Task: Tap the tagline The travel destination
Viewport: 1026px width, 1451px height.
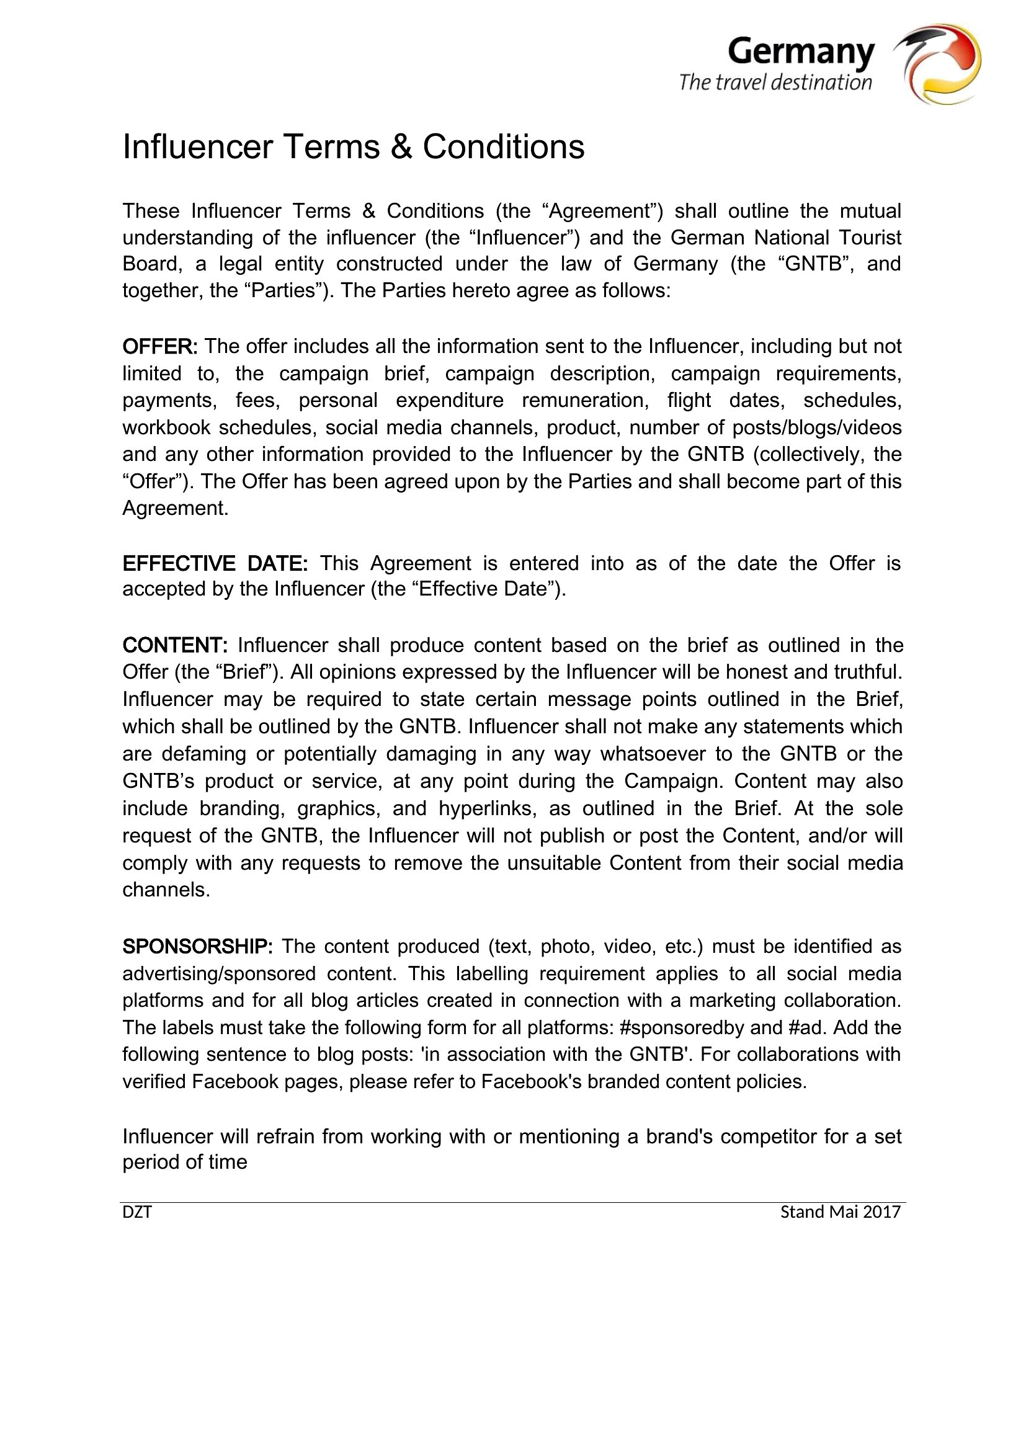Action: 775,83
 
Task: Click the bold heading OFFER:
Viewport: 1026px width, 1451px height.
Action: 160,346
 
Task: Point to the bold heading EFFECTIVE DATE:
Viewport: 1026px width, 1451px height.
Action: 215,563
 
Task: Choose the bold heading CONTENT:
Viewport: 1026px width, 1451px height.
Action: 174,645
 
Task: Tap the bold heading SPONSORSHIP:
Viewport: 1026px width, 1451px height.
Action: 197,946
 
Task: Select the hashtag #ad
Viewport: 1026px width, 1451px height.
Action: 807,1027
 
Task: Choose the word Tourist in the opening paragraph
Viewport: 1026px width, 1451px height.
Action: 870,238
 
